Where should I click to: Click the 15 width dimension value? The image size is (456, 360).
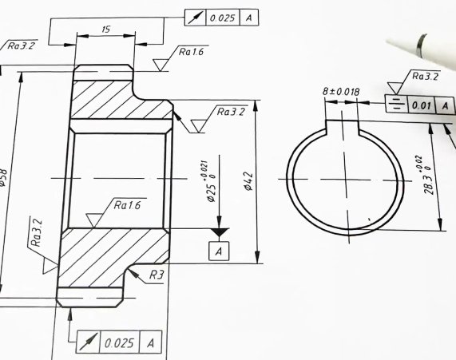[105, 30]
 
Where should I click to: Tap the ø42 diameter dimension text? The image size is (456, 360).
[248, 183]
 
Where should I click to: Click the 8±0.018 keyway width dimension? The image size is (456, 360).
[340, 92]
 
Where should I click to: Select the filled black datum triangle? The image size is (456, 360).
[218, 231]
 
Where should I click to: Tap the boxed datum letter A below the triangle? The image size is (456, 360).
[218, 251]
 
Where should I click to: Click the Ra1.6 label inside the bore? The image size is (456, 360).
[127, 206]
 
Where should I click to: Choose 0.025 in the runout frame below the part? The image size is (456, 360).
[119, 342]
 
